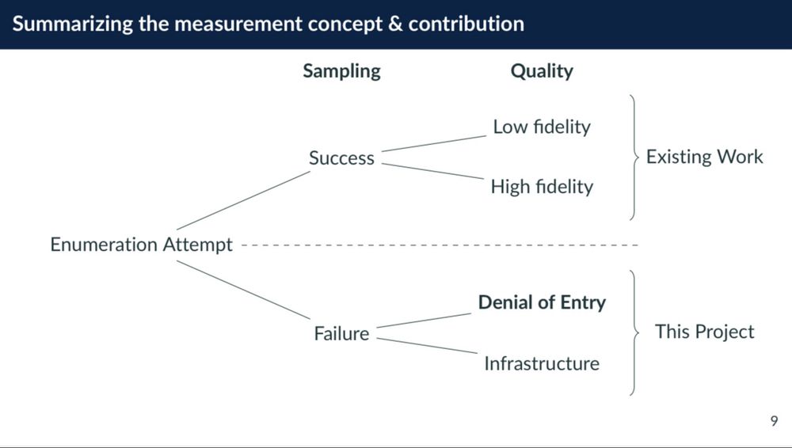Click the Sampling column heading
click(341, 71)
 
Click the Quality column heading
click(542, 71)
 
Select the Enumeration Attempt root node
click(142, 245)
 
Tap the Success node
click(341, 158)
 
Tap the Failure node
click(341, 334)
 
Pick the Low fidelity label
click(542, 127)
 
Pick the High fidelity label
click(542, 187)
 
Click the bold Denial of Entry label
click(542, 302)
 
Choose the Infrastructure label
click(542, 364)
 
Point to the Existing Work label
click(704, 157)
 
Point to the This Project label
click(704, 332)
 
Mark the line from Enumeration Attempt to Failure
click(242, 290)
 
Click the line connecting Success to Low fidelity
click(433, 142)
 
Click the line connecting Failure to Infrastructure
click(428, 345)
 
